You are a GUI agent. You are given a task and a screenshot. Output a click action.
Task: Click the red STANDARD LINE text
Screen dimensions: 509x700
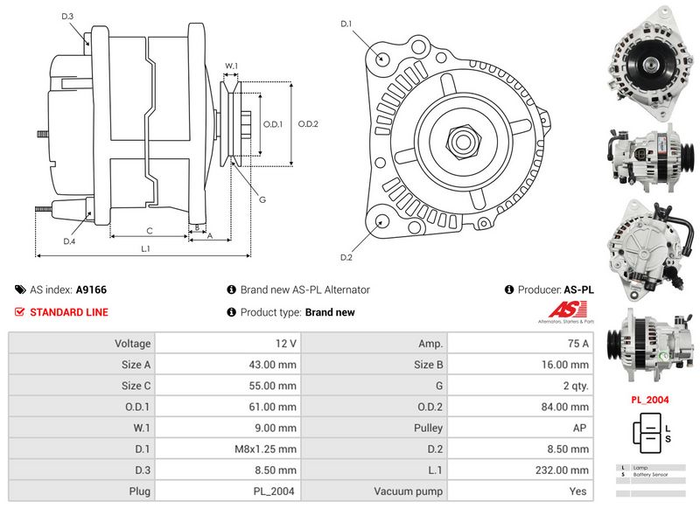click(x=69, y=312)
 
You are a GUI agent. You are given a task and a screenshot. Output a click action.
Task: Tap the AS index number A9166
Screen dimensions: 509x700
click(x=91, y=289)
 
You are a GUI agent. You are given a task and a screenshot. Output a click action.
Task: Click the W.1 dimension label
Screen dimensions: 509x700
click(x=231, y=66)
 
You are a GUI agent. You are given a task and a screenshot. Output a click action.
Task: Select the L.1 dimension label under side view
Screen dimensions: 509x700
click(x=145, y=248)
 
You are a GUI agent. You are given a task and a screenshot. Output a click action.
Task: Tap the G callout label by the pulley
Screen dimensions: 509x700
click(x=262, y=199)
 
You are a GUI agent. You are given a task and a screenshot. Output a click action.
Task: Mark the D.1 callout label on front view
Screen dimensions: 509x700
click(x=346, y=24)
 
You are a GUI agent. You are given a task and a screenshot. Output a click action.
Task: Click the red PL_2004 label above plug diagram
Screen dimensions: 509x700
click(x=650, y=400)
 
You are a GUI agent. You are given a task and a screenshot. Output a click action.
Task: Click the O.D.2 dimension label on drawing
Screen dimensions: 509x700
click(x=308, y=124)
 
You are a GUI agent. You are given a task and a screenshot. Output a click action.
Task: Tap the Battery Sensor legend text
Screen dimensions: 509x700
click(x=651, y=473)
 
